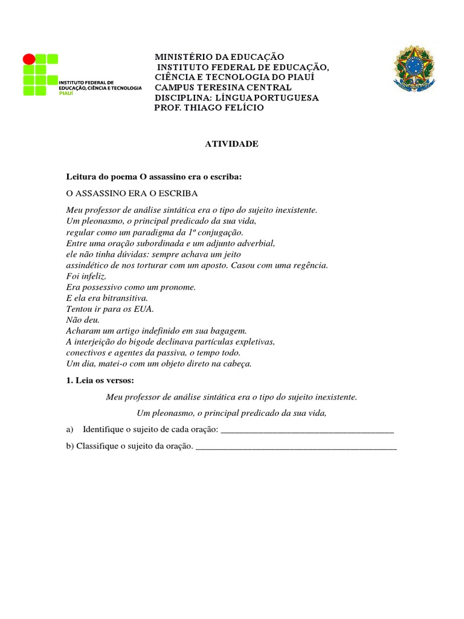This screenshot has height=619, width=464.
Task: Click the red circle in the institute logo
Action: [29, 59]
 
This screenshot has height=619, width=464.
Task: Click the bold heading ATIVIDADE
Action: [232, 144]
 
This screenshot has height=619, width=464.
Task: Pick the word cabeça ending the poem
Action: [236, 363]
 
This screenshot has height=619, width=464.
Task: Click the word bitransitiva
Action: [126, 298]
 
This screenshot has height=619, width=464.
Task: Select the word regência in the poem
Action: [308, 265]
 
